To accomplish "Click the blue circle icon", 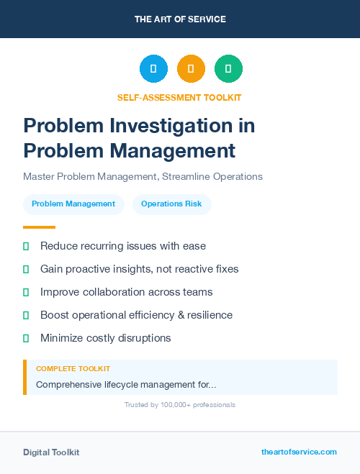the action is pyautogui.click(x=153, y=69).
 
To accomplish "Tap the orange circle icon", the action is pyautogui.click(x=191, y=69).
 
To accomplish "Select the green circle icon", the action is pyautogui.click(x=228, y=69).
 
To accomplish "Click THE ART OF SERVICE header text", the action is pyautogui.click(x=180, y=19).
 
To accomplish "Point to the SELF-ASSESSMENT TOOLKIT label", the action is pyautogui.click(x=179, y=97).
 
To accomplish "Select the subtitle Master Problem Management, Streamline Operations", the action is pyautogui.click(x=143, y=176).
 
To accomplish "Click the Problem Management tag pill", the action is pyautogui.click(x=73, y=204).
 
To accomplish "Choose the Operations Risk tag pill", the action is pyautogui.click(x=171, y=204).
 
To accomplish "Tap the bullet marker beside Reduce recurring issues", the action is pyautogui.click(x=26, y=246).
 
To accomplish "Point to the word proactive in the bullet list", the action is pyautogui.click(x=90, y=269).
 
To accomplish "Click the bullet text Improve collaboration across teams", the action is pyautogui.click(x=126, y=292).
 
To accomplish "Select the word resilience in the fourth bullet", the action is pyautogui.click(x=207, y=315).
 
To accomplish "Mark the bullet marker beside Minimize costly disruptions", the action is pyautogui.click(x=26, y=338).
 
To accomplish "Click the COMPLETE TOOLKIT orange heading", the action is pyautogui.click(x=73, y=368).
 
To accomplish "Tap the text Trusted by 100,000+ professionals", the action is pyautogui.click(x=180, y=405).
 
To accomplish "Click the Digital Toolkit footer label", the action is pyautogui.click(x=51, y=452).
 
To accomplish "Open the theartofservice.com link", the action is pyautogui.click(x=299, y=452).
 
